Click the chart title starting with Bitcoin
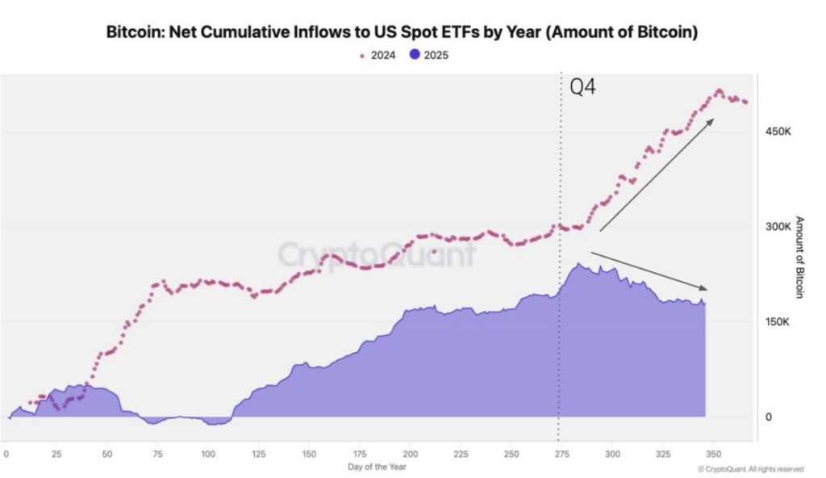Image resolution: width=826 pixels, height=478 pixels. tap(402, 33)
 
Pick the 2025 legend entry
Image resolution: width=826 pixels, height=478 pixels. tap(429, 55)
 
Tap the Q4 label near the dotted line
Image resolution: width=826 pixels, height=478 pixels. tap(583, 86)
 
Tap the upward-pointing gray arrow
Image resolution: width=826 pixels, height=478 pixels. tap(657, 174)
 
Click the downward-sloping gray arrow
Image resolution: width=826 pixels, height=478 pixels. tap(650, 271)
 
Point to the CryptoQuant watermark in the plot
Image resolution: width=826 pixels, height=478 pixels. tap(376, 254)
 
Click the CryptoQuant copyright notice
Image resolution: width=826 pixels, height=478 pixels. tap(750, 468)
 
